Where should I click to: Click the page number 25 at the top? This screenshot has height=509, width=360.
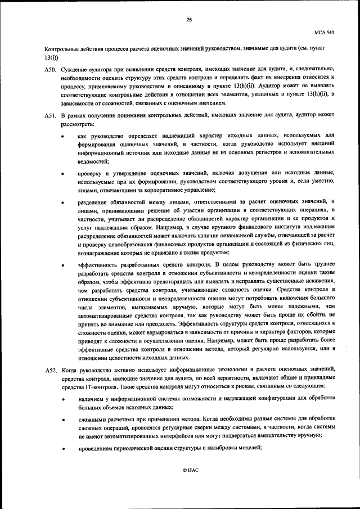[x=189, y=20]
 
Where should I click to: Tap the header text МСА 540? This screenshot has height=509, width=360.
[x=326, y=33]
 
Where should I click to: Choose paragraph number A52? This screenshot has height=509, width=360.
[x=49, y=370]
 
